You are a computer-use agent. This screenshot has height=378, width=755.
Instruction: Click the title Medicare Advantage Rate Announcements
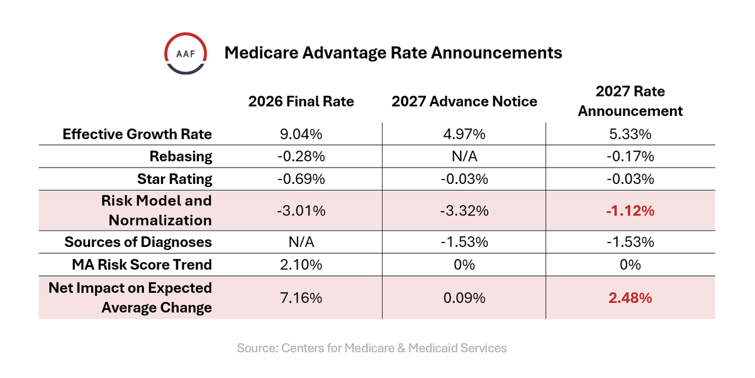coord(393,53)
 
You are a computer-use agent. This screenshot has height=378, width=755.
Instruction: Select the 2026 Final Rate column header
coord(301,101)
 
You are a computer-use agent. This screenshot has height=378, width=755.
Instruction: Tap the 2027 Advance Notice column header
coord(464,101)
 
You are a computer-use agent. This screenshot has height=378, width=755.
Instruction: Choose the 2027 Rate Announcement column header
coord(630,101)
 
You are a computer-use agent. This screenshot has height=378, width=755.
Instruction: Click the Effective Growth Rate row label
coord(137,134)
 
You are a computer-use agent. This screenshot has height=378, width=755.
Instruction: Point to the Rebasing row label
coord(181,156)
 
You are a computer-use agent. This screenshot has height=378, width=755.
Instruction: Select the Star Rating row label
coord(174,179)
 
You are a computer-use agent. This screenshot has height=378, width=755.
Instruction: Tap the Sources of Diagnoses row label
coord(138,242)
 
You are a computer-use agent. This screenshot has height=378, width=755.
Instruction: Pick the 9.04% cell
coord(301,134)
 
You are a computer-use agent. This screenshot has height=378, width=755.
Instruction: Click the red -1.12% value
coord(630,211)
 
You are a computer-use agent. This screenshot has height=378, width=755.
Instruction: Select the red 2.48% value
coord(630,297)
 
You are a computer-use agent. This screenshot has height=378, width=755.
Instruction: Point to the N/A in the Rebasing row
coord(464,156)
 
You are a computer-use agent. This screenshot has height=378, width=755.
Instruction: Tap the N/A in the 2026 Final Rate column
coord(301,242)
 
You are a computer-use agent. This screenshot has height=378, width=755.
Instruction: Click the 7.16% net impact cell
coord(301,297)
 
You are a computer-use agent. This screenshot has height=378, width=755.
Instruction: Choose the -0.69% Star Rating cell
coord(301,179)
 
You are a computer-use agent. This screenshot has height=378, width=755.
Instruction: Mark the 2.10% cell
coord(301,265)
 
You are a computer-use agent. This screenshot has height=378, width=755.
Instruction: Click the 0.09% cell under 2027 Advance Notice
coord(464,297)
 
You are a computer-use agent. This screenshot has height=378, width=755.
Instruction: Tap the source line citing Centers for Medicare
coord(372,348)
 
